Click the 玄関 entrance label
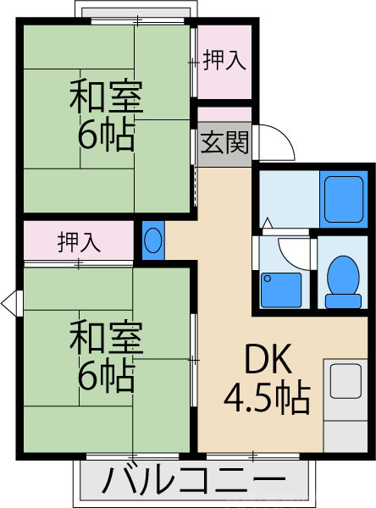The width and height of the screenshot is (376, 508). pos(224,142)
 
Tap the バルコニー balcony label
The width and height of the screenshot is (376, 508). pos(195,479)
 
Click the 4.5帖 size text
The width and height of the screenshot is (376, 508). pos(267,397)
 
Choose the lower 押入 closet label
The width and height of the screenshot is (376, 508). pos(79,241)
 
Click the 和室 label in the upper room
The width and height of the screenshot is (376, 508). pos(107,97)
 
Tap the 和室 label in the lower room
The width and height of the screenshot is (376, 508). pos(107,338)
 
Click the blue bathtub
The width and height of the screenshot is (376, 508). pos(344,199)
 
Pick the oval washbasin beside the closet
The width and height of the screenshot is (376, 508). pos(153,240)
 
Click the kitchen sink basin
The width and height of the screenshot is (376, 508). pos(346,381)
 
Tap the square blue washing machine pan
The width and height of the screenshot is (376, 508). pos(281,290)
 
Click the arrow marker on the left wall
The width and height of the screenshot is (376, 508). pos(12,304)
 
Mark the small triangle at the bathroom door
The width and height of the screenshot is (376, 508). pos(267,224)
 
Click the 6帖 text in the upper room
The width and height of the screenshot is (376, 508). pos(107,136)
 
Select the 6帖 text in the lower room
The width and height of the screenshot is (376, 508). pos(107,377)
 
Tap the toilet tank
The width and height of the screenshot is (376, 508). pos(343,301)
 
